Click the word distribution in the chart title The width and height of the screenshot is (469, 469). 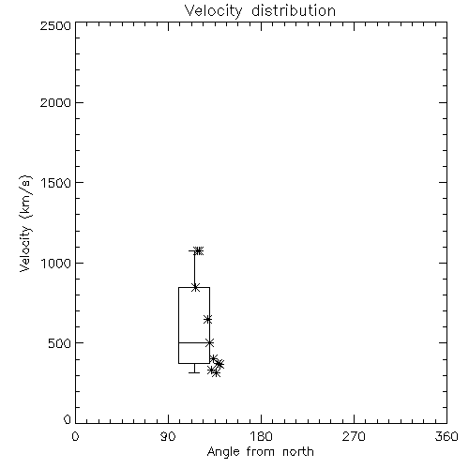294,10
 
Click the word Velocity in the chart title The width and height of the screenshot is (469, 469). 214,11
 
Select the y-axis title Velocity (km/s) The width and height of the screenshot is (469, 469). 25,223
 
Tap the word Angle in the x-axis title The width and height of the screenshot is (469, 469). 223,452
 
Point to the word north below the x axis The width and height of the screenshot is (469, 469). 298,451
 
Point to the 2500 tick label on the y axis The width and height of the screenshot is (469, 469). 55,25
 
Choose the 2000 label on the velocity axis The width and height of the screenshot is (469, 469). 55,102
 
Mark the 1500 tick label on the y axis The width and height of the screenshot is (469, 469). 56,183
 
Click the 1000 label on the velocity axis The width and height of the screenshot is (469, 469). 56,264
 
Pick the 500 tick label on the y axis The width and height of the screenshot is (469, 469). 60,343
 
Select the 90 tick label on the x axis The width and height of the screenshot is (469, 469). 168,436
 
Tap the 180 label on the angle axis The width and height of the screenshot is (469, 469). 261,436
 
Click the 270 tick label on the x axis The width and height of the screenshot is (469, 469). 354,436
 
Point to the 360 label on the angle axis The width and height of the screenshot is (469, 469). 446,436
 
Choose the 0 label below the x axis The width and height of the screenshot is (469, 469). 75,436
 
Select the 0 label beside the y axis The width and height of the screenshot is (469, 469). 68,419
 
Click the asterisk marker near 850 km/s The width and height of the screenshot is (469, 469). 196,287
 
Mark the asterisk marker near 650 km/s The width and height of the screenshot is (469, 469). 208,320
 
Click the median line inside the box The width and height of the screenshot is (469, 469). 194,343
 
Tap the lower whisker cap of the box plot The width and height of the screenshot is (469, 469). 194,372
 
